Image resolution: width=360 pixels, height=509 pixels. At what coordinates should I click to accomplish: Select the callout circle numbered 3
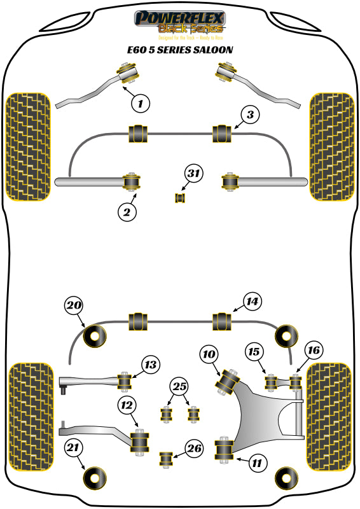251,115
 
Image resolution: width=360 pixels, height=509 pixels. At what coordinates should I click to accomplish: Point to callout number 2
127,213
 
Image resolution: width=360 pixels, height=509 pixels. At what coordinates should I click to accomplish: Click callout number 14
252,302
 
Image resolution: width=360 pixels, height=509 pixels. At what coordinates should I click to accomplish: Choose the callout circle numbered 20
74,306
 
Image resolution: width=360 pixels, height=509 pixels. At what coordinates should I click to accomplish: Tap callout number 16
314,351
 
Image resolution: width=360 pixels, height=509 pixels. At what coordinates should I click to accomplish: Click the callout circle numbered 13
150,365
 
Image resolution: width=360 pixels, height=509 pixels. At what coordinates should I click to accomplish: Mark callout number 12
127,403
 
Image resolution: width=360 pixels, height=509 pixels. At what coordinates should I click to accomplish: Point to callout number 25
179,386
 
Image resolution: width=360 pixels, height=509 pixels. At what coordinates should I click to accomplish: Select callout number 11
256,463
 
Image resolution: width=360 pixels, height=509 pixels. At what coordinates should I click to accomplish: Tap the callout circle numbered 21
74,449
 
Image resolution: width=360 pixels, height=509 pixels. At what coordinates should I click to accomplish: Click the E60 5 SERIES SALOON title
179,49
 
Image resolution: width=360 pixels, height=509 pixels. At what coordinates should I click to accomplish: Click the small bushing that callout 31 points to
179,199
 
